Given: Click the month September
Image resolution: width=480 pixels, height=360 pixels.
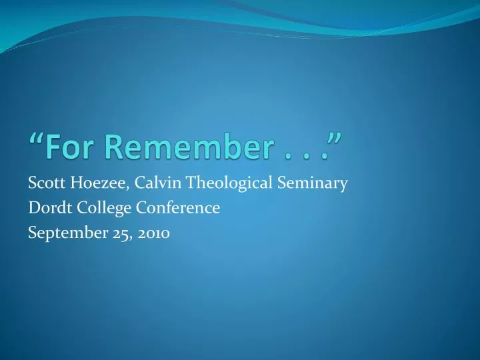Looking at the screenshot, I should [61, 234].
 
